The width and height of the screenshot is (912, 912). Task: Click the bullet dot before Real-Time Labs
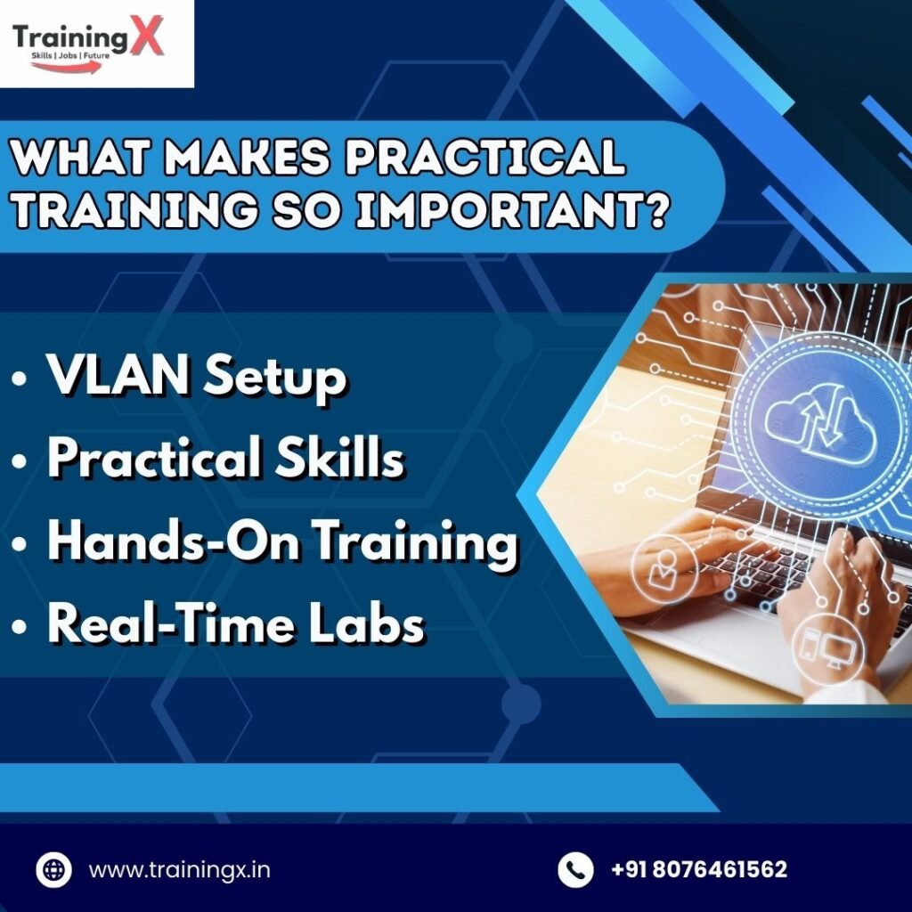pos(20,627)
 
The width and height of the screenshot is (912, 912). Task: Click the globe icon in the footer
pos(54,869)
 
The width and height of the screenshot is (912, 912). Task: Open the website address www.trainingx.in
pos(179,869)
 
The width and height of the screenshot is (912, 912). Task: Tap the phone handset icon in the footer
pos(574,869)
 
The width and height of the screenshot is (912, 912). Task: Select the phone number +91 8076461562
pos(699,869)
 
